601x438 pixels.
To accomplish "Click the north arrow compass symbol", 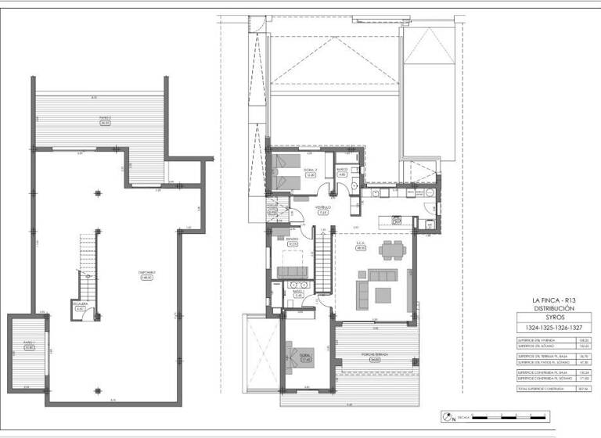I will tap(448, 416).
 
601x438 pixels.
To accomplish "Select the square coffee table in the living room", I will tap(383, 294).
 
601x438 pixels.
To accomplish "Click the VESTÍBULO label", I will tap(322, 208).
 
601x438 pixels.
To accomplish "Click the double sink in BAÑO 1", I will tap(297, 284).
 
